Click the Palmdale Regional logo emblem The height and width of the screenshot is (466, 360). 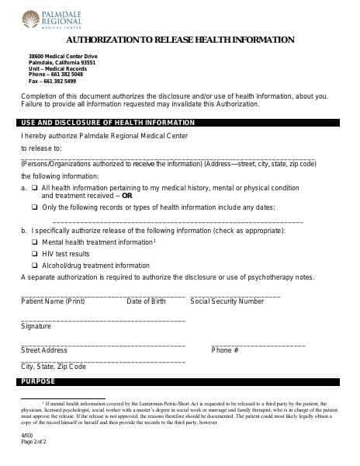[30, 18]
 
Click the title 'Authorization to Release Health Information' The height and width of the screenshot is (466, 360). [179, 39]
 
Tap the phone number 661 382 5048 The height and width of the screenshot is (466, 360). [62, 75]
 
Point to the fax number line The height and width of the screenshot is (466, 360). [52, 81]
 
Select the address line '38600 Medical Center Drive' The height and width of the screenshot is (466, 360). [63, 57]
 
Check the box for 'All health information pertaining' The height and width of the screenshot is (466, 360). [35, 188]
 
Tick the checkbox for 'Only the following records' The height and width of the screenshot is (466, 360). [35, 207]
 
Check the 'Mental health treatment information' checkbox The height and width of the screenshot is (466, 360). [35, 242]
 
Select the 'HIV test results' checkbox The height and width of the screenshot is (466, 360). [35, 254]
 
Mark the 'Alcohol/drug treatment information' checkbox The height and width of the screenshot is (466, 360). [35, 266]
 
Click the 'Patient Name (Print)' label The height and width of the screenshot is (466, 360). [52, 301]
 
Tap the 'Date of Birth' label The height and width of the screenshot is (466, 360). [146, 301]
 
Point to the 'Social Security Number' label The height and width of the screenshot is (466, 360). [227, 301]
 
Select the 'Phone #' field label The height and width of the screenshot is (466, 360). [225, 350]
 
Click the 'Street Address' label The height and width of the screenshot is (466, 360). [44, 350]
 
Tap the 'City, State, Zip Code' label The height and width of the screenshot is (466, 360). [54, 366]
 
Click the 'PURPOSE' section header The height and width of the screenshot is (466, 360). [38, 382]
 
